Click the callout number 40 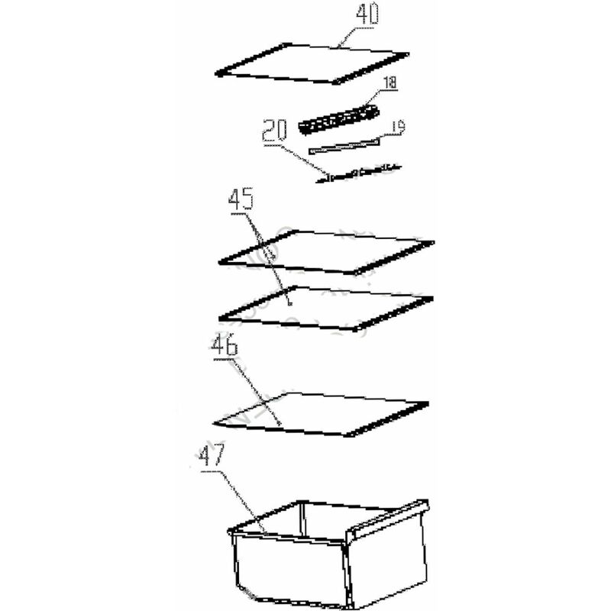click(367, 15)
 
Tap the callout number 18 click(390, 82)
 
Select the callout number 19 click(397, 127)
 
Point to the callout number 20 click(274, 131)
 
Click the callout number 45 click(241, 199)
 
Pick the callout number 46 click(225, 345)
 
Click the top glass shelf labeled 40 click(312, 63)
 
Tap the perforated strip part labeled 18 click(339, 120)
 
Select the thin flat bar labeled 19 click(344, 146)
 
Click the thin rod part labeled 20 click(358, 173)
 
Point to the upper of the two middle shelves click(327, 253)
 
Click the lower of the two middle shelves click(327, 309)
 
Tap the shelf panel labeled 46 click(321, 415)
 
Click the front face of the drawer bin click(290, 569)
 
